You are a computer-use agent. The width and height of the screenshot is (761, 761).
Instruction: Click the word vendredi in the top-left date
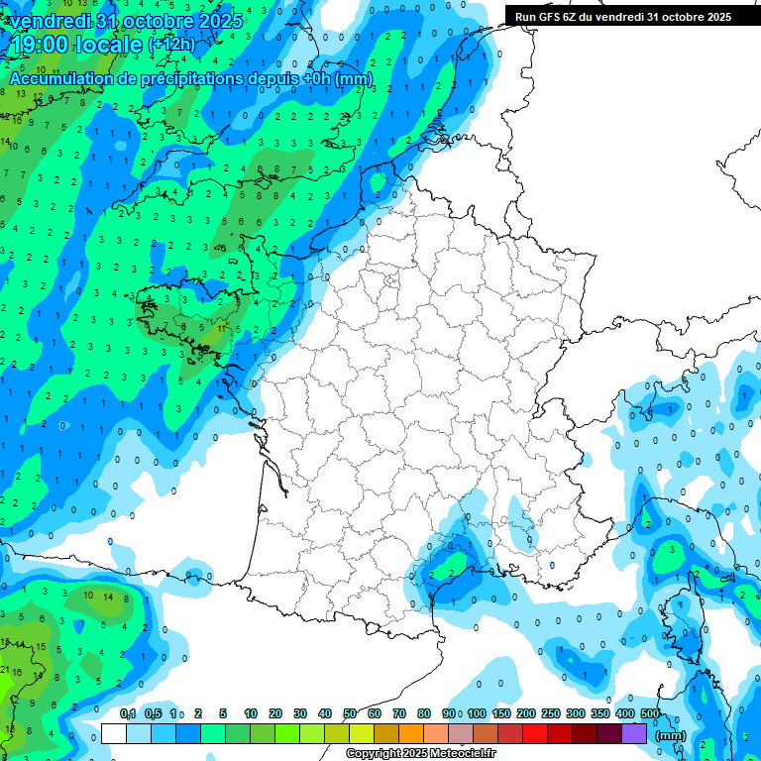47,20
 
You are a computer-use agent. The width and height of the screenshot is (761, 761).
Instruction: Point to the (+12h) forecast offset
171,45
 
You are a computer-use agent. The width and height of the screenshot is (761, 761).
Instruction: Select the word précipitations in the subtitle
188,78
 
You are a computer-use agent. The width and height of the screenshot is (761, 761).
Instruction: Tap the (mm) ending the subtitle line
354,78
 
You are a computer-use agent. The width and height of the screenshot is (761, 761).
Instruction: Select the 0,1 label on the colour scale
128,713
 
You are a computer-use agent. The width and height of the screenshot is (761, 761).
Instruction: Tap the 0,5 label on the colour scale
153,713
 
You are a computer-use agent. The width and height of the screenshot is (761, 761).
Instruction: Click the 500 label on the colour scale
650,713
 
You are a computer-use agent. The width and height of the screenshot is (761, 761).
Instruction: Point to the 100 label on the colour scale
477,713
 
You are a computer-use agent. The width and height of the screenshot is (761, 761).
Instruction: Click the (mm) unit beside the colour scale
671,736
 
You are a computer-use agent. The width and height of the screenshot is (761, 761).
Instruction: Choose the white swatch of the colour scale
114,733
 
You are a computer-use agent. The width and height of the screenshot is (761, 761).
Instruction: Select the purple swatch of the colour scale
634,733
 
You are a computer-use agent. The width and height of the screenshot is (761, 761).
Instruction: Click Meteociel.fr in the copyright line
462,754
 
